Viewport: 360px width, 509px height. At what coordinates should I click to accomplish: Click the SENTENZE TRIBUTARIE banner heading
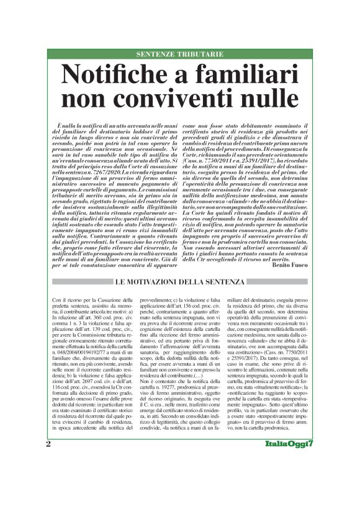pyautogui.click(x=179, y=55)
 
